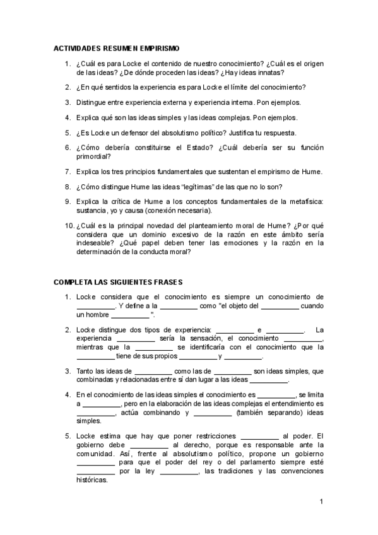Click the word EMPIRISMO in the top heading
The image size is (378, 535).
[x=158, y=48]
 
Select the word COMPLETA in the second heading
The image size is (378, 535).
[x=74, y=282]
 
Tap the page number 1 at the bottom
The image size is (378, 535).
[x=321, y=502]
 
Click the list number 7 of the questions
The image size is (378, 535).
[x=68, y=171]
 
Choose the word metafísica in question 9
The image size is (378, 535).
[x=303, y=202]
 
